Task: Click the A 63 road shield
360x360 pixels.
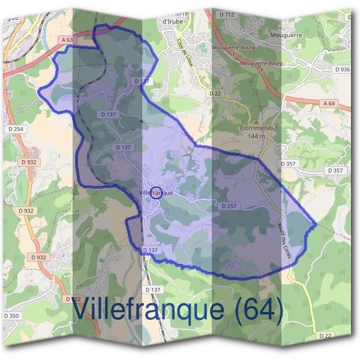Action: point(69,40)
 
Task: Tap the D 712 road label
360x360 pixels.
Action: point(226,13)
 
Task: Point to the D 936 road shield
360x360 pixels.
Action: point(343,70)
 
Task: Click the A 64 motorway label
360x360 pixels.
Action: point(329,103)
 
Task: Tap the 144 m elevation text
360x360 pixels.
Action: point(252,136)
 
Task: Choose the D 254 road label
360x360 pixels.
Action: point(16,130)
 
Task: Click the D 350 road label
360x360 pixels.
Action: point(11,316)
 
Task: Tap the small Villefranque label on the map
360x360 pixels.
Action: point(155,193)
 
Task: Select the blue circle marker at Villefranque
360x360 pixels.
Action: point(156,192)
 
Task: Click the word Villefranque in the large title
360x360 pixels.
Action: point(149,310)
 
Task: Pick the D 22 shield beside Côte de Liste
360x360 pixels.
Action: point(215,94)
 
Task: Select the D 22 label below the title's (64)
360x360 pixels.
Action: point(326,335)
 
